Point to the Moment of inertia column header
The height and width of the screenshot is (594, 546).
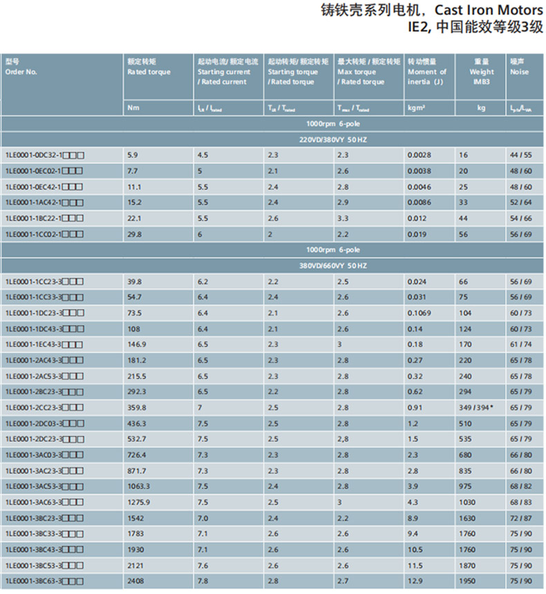[x=426, y=71]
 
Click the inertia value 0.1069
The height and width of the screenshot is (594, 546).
[x=419, y=312]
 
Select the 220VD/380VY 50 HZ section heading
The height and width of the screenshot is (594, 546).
[x=333, y=140]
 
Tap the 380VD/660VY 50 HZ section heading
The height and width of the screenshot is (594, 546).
[x=333, y=265]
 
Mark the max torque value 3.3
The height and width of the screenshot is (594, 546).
[x=343, y=218]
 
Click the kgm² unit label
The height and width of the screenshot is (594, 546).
[x=416, y=108]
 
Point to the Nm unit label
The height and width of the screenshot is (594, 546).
[x=133, y=108]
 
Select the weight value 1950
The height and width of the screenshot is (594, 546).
[x=466, y=582]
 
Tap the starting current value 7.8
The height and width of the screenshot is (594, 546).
[x=203, y=582]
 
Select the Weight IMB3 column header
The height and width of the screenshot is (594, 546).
[x=482, y=71]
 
